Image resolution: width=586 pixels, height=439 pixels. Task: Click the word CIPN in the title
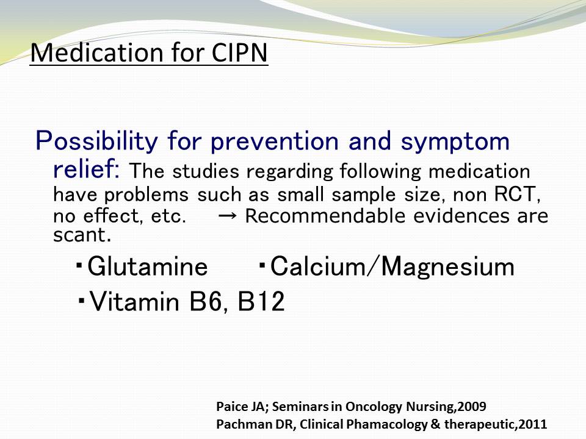[x=239, y=52]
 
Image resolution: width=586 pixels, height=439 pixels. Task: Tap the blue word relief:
[x=86, y=169]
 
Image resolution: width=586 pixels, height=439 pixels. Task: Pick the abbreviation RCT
[x=516, y=194]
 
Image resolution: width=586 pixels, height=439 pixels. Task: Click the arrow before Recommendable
[x=227, y=216]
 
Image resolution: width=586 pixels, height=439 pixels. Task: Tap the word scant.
[x=82, y=235]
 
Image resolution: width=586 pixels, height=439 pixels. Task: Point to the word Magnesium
[x=447, y=267]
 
